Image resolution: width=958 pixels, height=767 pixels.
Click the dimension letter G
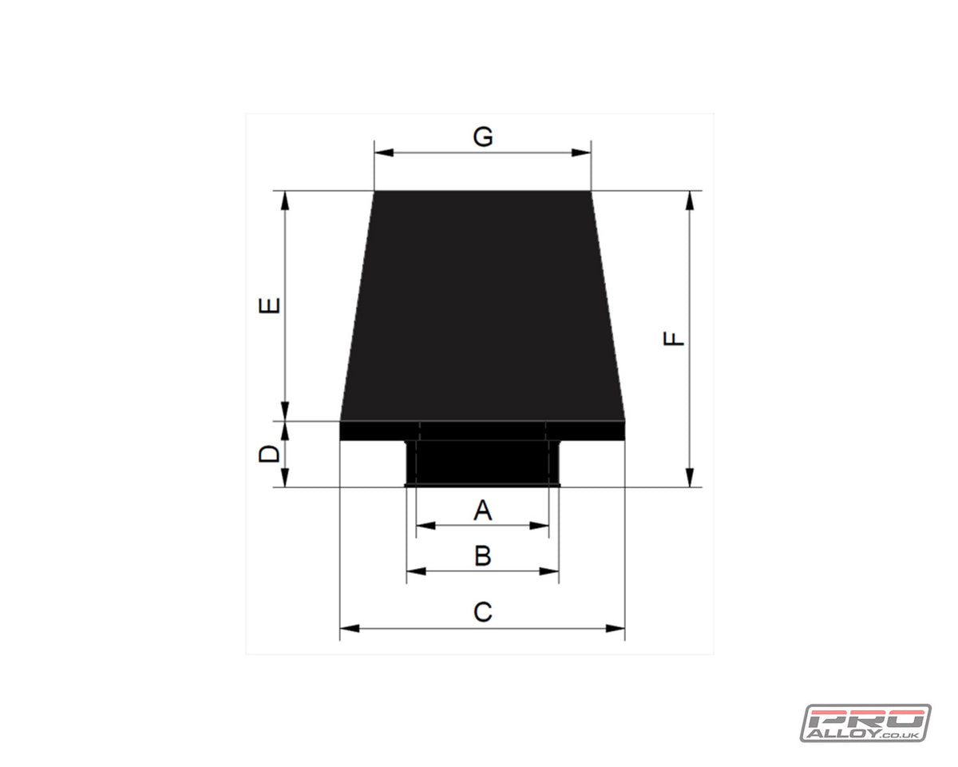482,137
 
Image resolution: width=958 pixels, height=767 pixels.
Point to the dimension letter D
270,454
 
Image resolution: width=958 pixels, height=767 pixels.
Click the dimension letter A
482,510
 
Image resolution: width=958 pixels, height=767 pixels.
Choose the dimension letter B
482,555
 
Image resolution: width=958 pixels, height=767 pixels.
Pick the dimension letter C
482,612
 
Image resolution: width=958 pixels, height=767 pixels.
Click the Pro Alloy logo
865,723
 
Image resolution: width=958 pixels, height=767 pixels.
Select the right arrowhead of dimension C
616,629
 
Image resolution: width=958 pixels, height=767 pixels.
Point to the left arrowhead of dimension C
349,629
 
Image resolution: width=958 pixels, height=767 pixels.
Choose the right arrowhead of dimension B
550,571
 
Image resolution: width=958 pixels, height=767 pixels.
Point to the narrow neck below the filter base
482,463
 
